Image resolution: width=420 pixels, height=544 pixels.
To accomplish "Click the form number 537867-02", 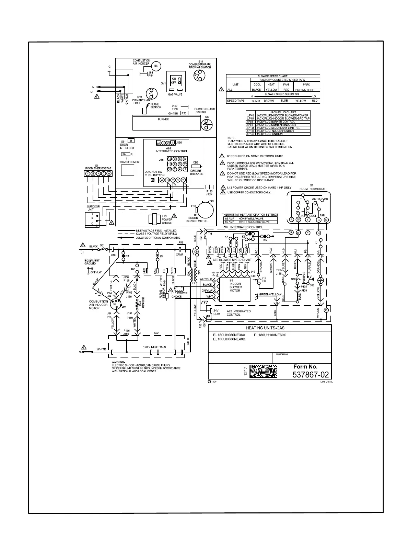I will point(311,375).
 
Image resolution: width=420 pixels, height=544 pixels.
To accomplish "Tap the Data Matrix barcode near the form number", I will point(263,371).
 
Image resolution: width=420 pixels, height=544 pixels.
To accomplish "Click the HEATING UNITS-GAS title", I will point(270,328).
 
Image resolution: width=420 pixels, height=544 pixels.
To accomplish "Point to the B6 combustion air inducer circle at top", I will point(155,66).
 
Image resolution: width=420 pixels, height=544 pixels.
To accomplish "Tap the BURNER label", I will point(163,120).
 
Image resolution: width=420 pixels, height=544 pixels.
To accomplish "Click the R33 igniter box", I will point(184,113).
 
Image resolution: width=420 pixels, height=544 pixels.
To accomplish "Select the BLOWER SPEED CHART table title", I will point(272,76).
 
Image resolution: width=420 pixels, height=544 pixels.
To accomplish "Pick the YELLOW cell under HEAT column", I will point(271,90).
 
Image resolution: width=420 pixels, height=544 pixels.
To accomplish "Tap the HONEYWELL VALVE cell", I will point(250,218).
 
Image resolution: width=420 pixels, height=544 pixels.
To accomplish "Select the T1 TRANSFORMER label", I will point(129,160).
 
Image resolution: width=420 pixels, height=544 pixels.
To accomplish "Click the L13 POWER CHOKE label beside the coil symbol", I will point(167,219).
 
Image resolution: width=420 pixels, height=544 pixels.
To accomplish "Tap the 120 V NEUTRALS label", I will point(154,347).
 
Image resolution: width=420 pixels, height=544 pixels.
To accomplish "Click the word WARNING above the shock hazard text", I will point(118,363).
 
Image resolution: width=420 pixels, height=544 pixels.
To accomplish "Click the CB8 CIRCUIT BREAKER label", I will point(196,172).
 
